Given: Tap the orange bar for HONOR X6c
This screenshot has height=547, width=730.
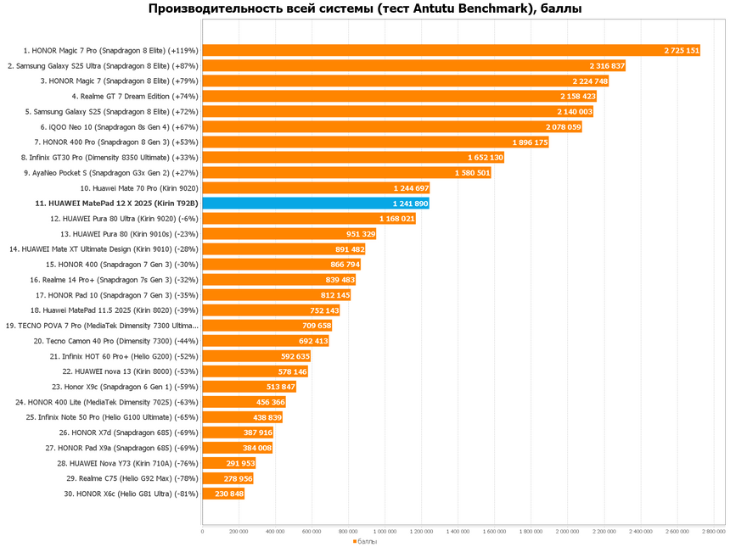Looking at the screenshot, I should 222,494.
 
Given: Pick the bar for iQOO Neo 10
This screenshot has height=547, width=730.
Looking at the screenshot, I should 390,127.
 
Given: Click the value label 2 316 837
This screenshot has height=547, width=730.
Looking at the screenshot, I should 607,66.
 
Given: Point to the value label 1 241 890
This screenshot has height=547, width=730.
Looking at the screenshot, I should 411,204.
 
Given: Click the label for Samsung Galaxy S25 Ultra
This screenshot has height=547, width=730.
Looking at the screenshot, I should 103,66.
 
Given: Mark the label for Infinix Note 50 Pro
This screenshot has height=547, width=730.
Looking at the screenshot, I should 112,417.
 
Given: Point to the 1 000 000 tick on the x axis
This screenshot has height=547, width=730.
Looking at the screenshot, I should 385,532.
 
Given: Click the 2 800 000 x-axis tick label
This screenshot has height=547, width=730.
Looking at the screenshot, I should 714,532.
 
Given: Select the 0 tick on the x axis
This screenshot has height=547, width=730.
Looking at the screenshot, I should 202,532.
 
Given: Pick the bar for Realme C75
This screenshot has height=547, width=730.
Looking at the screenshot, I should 227,478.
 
